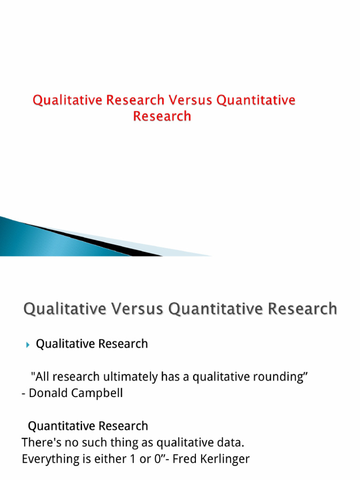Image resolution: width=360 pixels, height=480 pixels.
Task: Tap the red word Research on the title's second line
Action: pyautogui.click(x=162, y=116)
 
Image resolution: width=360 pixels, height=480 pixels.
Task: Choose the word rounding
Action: pyautogui.click(x=281, y=376)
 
